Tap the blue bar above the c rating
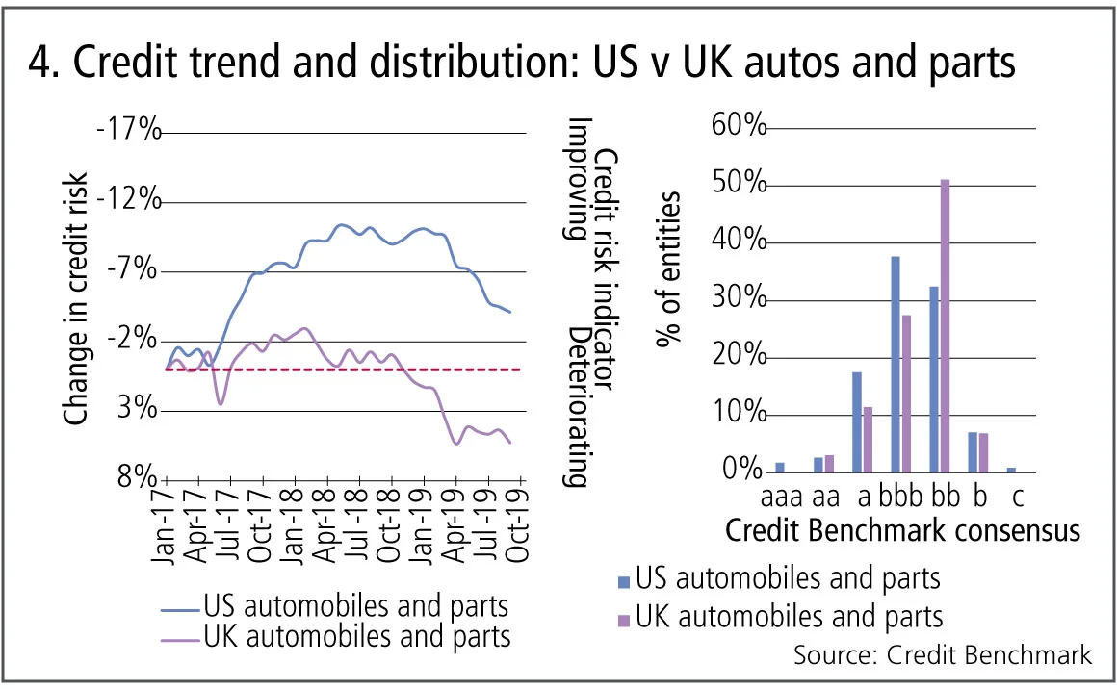[x=1010, y=470]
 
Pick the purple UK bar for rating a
[x=867, y=440]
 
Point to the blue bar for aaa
[x=779, y=468]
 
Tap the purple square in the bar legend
[x=623, y=616]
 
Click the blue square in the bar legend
[x=623, y=580]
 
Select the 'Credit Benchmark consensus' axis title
[x=901, y=531]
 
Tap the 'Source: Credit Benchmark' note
[x=943, y=655]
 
